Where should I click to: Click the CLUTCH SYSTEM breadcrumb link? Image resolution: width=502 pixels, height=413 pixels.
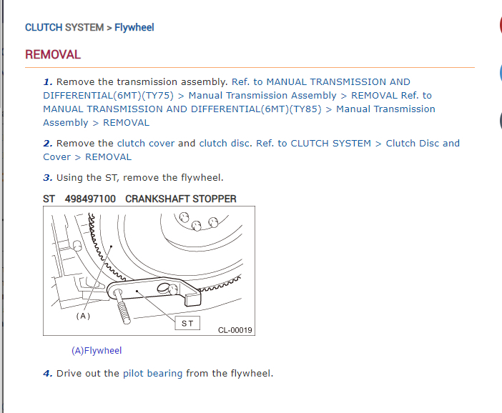(x=64, y=28)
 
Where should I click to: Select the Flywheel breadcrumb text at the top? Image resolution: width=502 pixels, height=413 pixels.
(x=134, y=28)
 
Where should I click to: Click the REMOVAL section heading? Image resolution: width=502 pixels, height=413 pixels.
(x=53, y=55)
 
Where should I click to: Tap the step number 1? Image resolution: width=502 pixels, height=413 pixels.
(x=48, y=82)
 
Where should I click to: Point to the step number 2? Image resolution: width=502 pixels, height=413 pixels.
(x=48, y=144)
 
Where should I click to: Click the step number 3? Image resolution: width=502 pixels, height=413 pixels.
(x=48, y=178)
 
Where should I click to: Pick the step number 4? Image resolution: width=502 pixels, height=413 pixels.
(x=48, y=374)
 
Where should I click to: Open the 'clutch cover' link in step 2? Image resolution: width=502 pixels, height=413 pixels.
(x=146, y=144)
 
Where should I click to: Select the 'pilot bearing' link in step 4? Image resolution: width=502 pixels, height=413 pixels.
(x=153, y=374)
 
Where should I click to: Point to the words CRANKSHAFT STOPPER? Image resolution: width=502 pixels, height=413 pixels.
(x=181, y=199)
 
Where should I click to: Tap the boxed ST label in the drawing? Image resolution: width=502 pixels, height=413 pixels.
(x=187, y=324)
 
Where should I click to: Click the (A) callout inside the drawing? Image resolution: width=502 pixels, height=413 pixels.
(x=83, y=316)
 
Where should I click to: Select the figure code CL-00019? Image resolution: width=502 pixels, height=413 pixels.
(x=235, y=330)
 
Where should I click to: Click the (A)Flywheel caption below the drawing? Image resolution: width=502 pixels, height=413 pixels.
(x=97, y=351)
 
